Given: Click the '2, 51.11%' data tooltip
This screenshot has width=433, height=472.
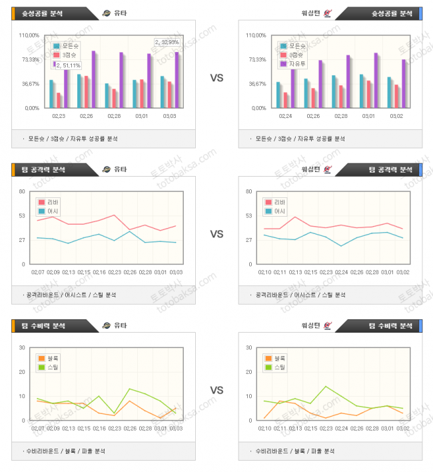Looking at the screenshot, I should pos(69,65).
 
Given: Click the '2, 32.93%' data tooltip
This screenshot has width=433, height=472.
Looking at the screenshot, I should pos(167,43).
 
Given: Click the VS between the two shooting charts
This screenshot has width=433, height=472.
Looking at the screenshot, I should pos(217,78).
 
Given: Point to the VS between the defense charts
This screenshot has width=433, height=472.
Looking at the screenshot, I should pos(217,390).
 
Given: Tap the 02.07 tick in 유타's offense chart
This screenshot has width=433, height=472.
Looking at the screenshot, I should pos(39,272).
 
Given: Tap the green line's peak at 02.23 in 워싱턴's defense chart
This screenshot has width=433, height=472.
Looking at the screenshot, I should pos(326,386).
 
